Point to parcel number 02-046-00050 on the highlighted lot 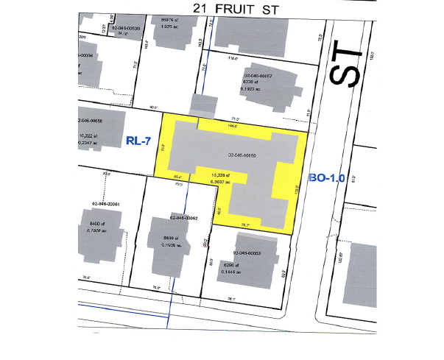click(x=245, y=155)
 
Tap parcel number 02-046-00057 click(x=258, y=75)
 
